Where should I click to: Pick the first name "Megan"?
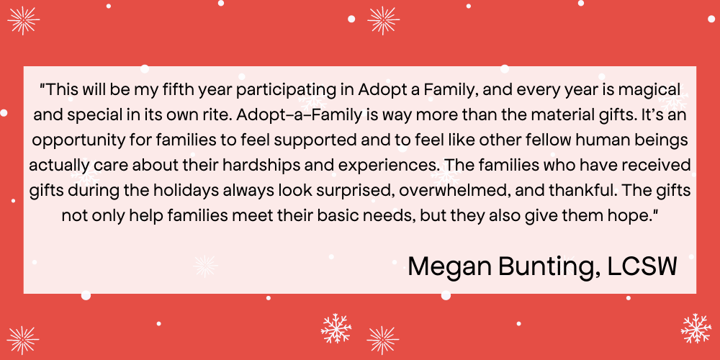(x=446, y=267)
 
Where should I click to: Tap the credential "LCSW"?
(x=642, y=266)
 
